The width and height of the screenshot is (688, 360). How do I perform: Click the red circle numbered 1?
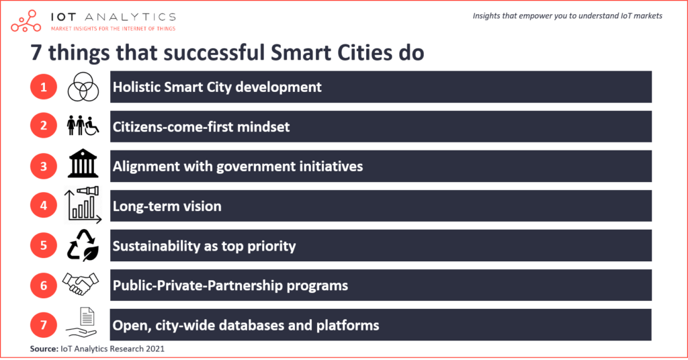pyautogui.click(x=44, y=87)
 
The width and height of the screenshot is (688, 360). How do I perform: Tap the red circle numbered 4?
pyautogui.click(x=44, y=206)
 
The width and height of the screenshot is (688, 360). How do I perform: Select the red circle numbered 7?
pyautogui.click(x=44, y=325)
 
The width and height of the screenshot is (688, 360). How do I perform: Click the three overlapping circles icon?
pyautogui.click(x=83, y=87)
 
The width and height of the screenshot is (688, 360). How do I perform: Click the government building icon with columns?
pyautogui.click(x=83, y=165)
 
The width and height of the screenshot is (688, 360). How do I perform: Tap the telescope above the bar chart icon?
pyautogui.click(x=88, y=193)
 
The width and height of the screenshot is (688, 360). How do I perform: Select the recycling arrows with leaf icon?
pyautogui.click(x=83, y=246)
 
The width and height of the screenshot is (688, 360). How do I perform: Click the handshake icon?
pyautogui.click(x=83, y=285)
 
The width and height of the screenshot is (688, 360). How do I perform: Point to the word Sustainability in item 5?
pyautogui.click(x=156, y=246)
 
